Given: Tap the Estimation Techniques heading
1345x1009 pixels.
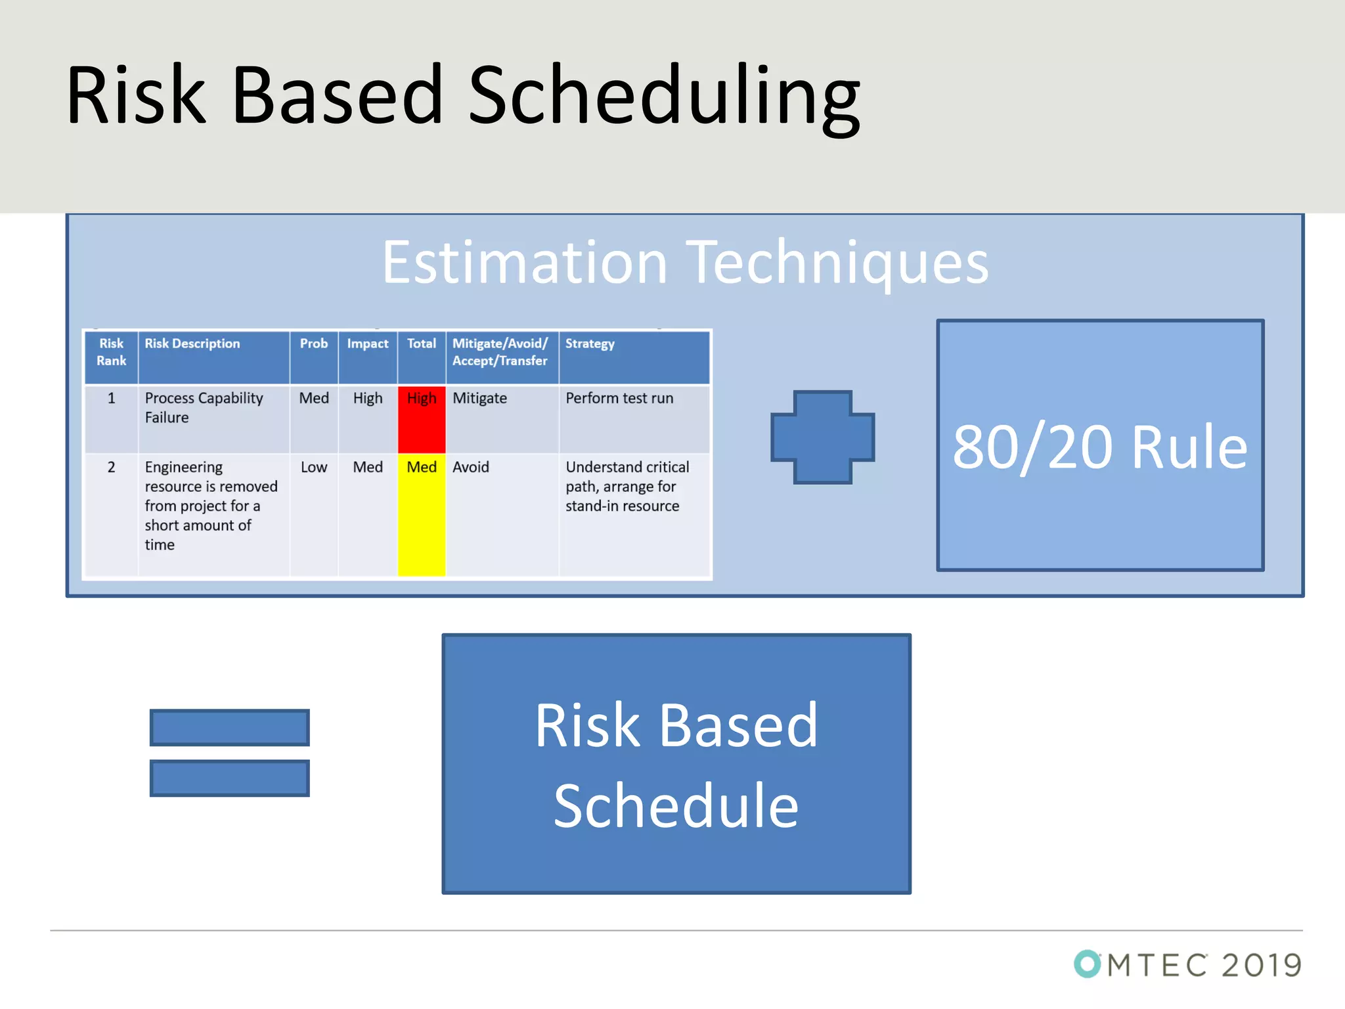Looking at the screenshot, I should click(685, 263).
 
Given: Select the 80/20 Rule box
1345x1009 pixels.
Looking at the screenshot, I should click(1100, 446).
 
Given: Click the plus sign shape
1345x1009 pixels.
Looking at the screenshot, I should click(822, 437).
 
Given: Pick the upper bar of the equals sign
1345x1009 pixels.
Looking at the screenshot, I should click(229, 727).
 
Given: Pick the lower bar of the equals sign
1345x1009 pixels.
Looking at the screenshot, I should click(229, 778).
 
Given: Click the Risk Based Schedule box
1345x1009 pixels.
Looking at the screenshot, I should click(676, 764).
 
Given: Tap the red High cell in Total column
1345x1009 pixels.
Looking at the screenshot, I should click(422, 419).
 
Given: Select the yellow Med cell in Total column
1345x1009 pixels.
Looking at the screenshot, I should click(422, 514).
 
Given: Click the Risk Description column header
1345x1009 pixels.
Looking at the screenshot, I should click(192, 344).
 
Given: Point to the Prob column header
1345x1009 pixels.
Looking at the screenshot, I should click(314, 344).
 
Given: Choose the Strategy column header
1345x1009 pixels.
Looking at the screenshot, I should click(590, 344).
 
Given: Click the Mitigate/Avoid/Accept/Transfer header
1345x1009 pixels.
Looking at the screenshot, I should click(500, 352).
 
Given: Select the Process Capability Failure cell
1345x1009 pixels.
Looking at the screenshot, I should click(204, 408).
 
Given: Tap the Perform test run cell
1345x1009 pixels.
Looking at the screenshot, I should click(619, 399).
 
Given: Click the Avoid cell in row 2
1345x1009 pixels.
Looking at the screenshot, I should click(471, 467).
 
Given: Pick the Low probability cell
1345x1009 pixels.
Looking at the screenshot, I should click(314, 467).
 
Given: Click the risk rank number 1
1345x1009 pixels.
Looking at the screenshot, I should click(112, 399).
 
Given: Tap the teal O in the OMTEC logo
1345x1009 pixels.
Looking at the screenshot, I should click(1088, 964).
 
